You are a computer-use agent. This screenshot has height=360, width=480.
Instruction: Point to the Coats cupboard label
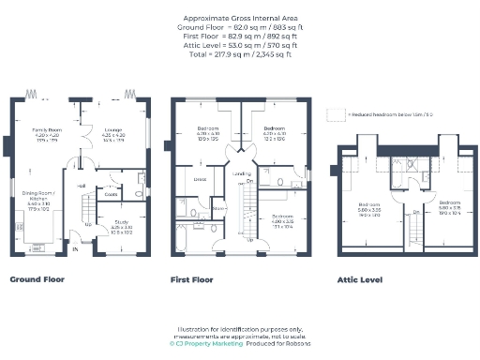tap(111, 194)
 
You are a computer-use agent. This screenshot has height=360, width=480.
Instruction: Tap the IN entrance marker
tap(75, 249)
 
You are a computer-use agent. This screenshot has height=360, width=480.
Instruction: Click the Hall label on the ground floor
tap(82, 186)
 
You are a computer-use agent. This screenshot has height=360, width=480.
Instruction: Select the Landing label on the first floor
tap(241, 174)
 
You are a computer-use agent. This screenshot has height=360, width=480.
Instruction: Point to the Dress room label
tap(199, 178)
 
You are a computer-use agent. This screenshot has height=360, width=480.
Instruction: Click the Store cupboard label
tap(216, 208)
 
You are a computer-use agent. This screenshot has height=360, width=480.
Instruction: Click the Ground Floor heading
tap(37, 279)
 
